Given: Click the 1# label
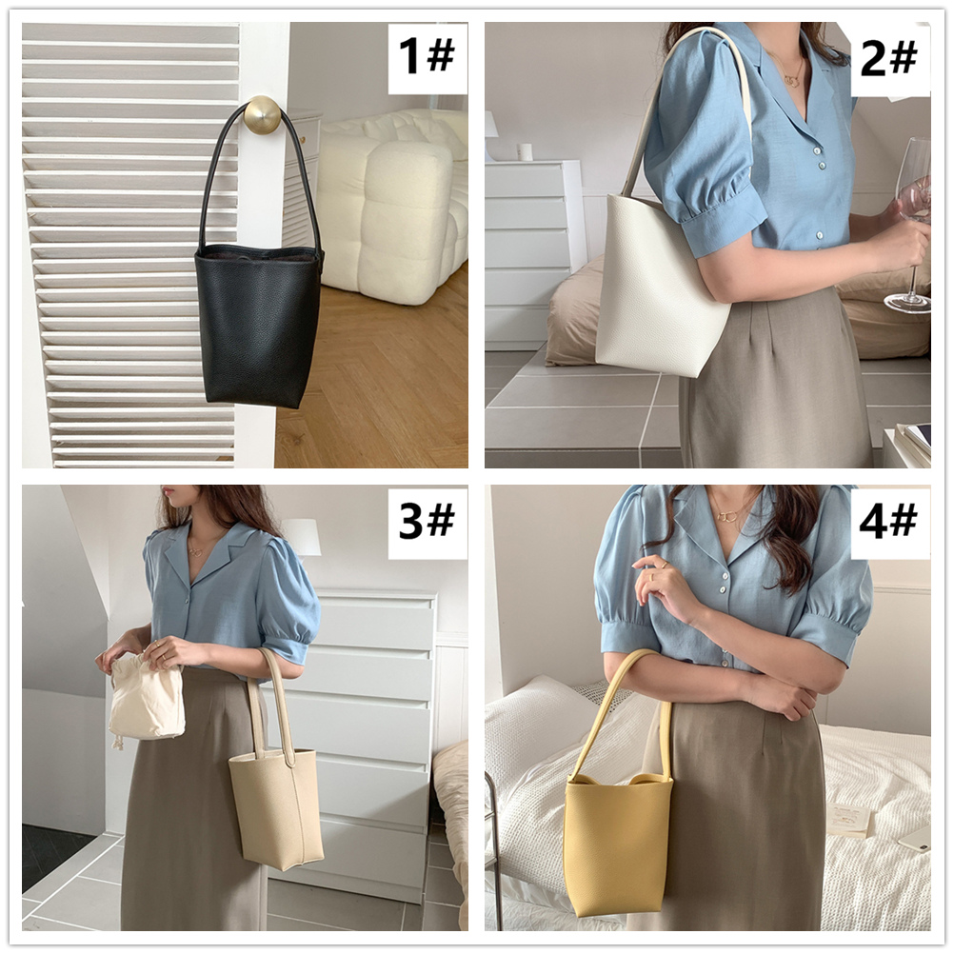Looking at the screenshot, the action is (x=427, y=56).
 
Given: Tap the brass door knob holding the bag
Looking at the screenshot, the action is (x=263, y=113).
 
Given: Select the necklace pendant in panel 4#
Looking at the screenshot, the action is (x=726, y=516).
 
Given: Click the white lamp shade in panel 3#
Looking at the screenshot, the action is (x=301, y=537).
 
